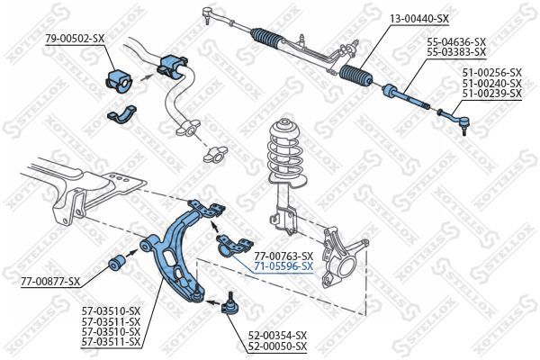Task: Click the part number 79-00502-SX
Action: pyautogui.click(x=75, y=39)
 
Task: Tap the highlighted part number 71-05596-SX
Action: pyautogui.click(x=283, y=266)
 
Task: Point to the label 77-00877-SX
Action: pyautogui.click(x=50, y=282)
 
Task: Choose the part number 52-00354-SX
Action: pyautogui.click(x=276, y=335)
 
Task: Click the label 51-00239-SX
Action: pyautogui.click(x=490, y=93)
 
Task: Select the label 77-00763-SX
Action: pyautogui.click(x=283, y=256)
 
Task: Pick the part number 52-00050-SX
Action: pyautogui.click(x=276, y=346)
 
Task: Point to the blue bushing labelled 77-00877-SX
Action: pyautogui.click(x=117, y=264)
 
